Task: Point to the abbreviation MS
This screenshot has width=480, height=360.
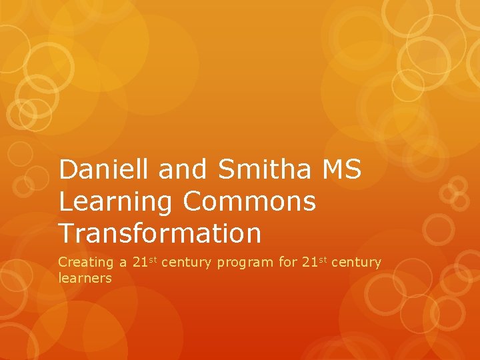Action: coord(342,170)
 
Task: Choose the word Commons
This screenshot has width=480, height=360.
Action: coord(252,201)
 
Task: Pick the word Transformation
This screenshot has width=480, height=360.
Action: coord(159,233)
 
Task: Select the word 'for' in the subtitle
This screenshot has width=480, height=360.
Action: coord(288,262)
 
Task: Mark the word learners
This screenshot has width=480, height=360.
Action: coord(85,278)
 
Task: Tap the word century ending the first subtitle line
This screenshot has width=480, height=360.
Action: coord(356,263)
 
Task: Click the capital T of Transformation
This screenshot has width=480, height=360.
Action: coord(66,233)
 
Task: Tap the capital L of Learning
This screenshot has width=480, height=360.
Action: coord(65,201)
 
